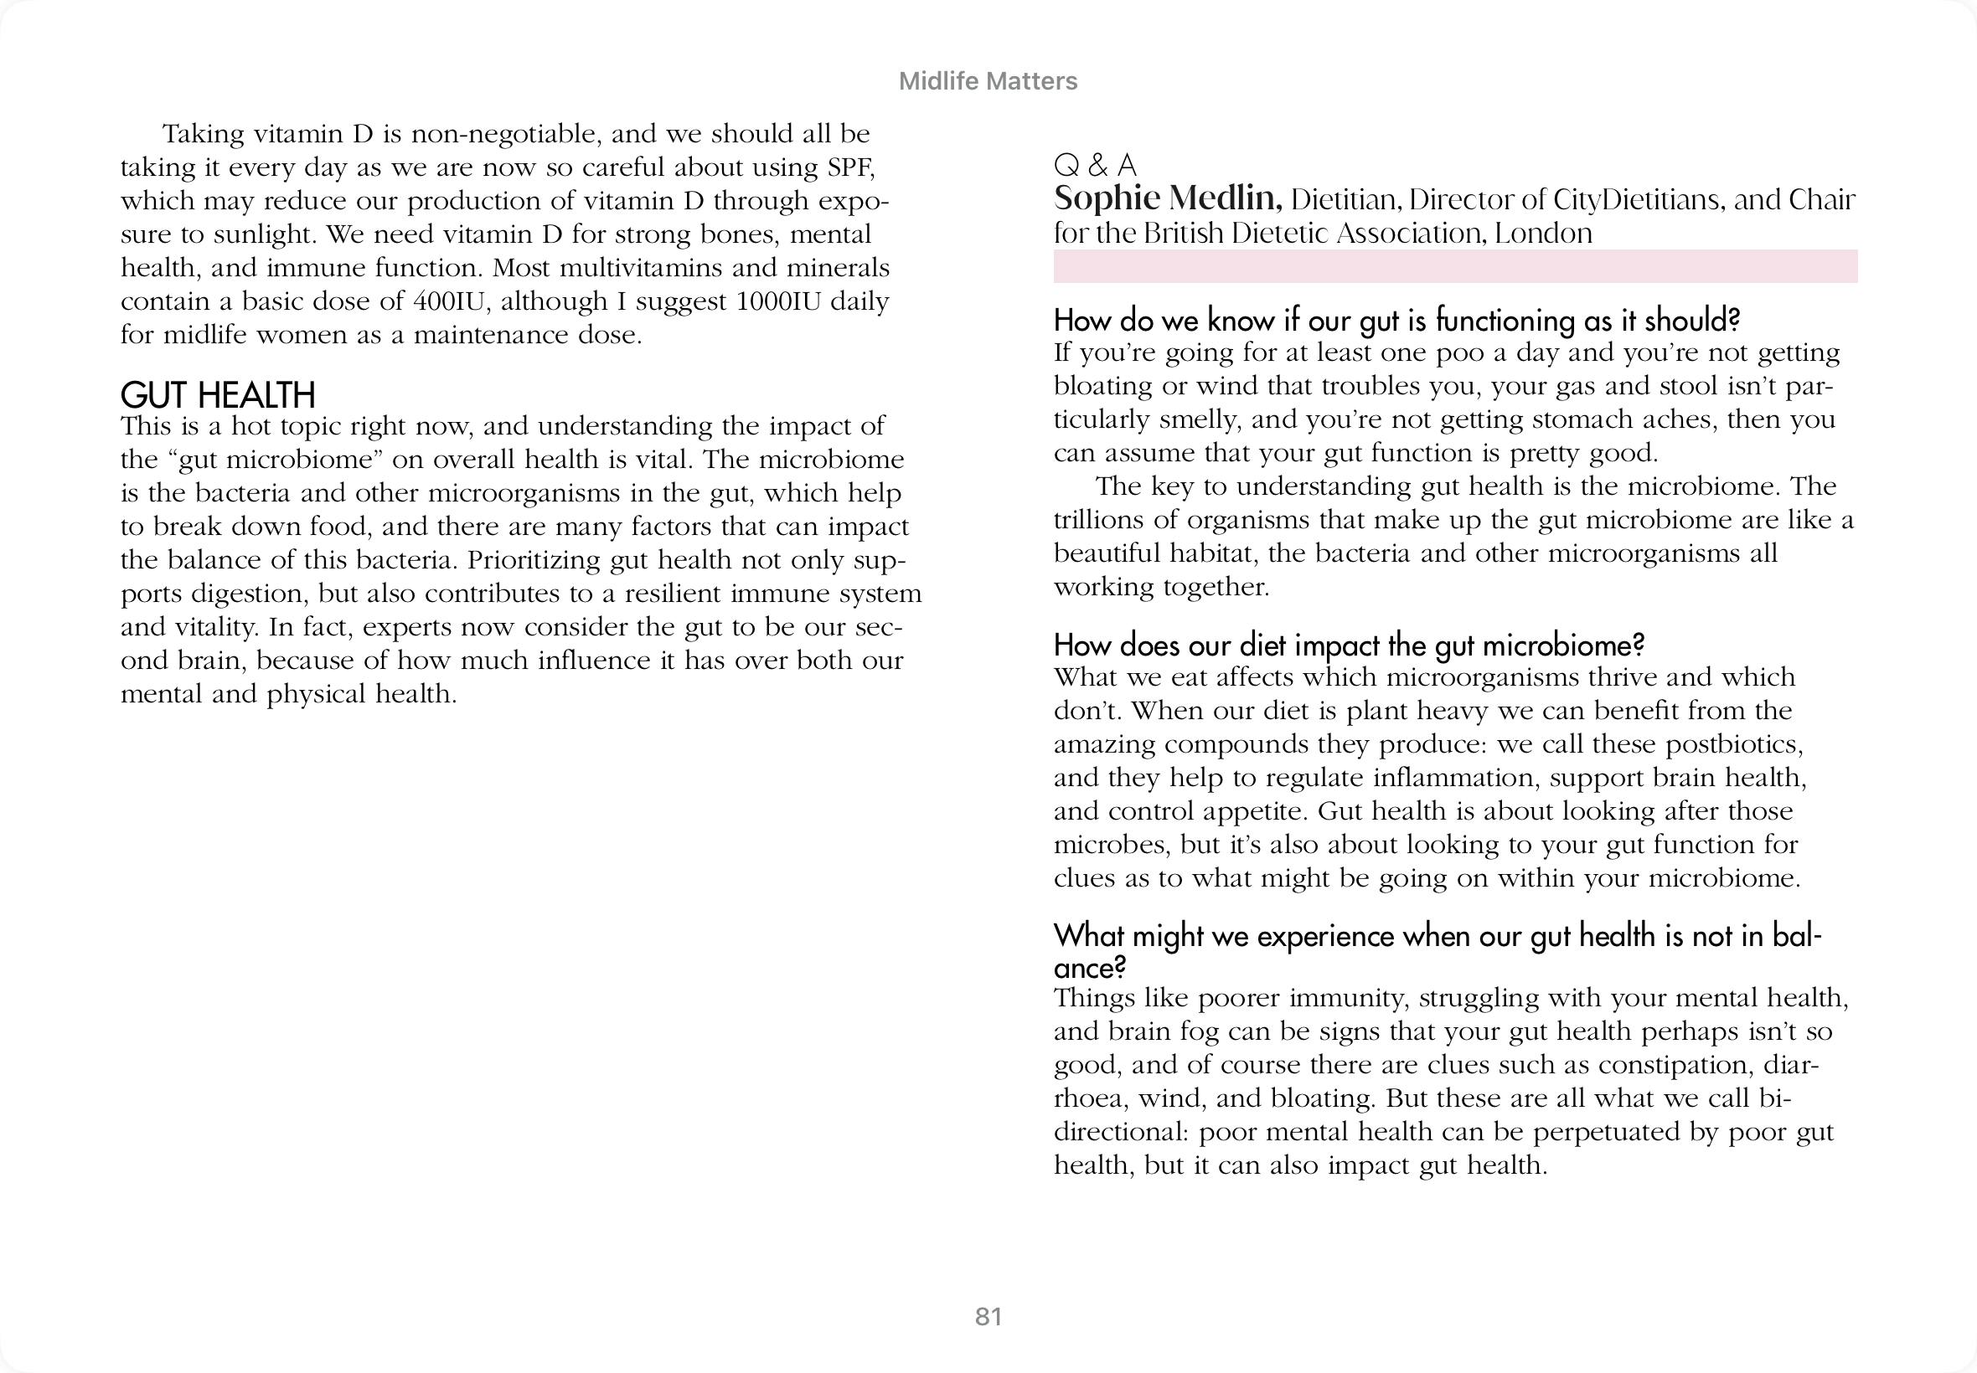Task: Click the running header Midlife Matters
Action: [987, 81]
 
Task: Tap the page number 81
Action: [988, 1317]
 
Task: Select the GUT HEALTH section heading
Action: [218, 395]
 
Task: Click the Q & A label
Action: [1095, 164]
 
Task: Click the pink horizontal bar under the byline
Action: [1454, 267]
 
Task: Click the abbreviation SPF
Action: [850, 167]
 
